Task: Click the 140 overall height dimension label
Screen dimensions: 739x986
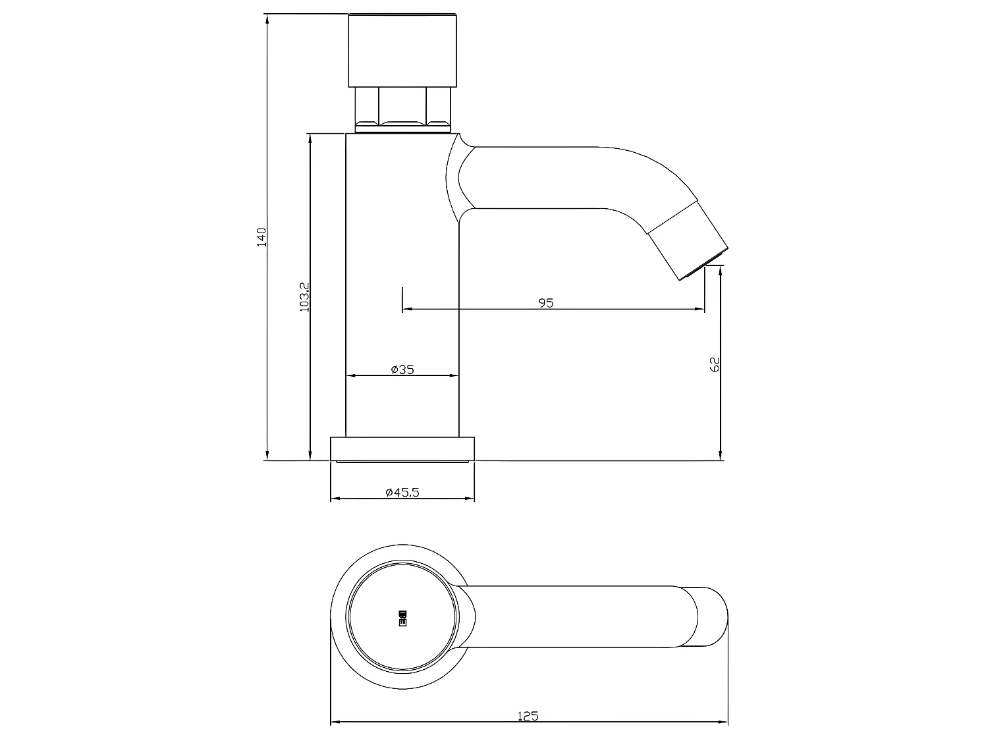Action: click(261, 236)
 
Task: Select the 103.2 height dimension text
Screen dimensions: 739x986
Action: click(304, 296)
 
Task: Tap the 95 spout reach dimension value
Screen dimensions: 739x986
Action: click(546, 302)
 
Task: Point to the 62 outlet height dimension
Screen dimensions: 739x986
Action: click(715, 364)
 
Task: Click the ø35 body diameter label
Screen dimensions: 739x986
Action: click(402, 369)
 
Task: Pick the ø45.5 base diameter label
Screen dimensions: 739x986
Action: click(402, 492)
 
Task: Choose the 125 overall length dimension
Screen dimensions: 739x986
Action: click(528, 715)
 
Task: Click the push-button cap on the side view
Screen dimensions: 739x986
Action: click(402, 50)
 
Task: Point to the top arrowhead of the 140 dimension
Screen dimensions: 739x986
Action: click(267, 18)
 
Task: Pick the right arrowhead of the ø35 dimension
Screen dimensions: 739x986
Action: click(454, 375)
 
